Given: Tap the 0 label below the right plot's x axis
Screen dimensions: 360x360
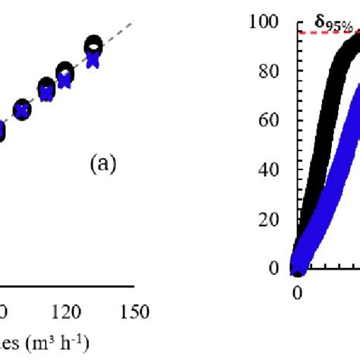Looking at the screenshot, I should pyautogui.click(x=298, y=293).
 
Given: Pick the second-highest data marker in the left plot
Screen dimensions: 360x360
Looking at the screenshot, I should pyautogui.click(x=65, y=73).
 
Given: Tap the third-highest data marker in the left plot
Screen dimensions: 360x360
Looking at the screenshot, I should pyautogui.click(x=46, y=88).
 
